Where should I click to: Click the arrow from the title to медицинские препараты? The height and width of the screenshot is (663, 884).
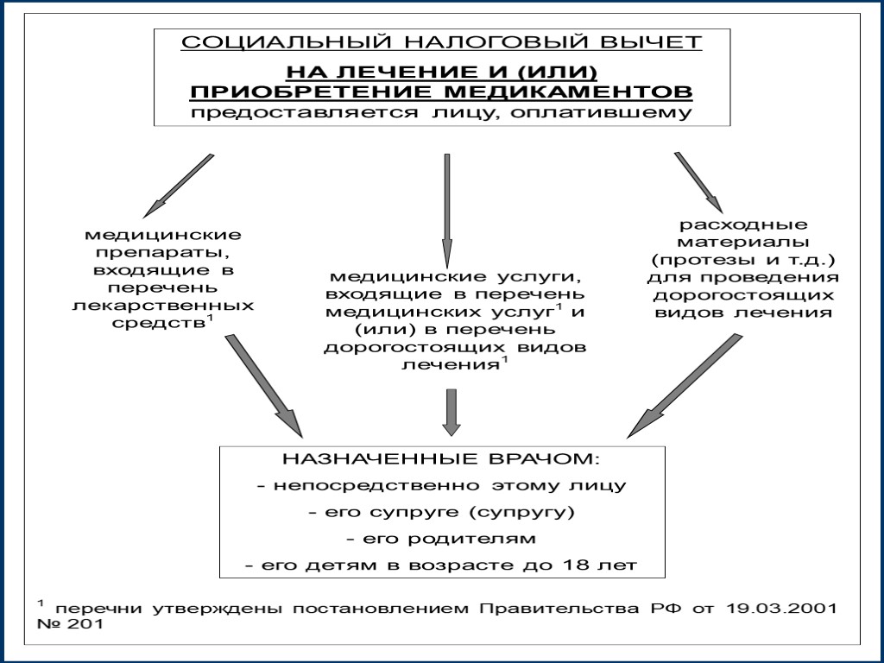[179, 185]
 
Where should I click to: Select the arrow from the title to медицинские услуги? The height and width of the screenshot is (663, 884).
[447, 211]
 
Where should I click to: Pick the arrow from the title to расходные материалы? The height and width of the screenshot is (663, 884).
[700, 182]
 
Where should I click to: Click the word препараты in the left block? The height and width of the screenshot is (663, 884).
[162, 253]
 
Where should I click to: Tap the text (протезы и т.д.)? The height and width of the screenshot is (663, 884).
[743, 261]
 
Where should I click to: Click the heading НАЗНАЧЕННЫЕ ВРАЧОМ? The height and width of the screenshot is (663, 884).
[440, 458]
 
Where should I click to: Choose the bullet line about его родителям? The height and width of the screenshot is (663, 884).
[440, 539]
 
